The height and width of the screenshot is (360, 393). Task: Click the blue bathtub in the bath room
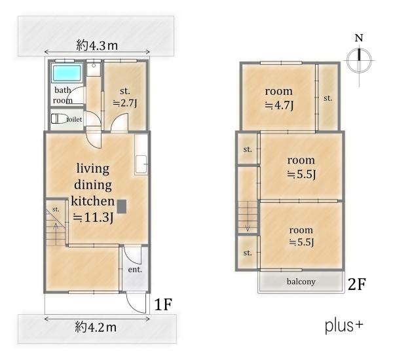[67, 73]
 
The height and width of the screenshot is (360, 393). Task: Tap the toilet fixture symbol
[59, 118]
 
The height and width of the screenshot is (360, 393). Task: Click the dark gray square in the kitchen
[122, 206]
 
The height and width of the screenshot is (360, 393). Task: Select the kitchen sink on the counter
[141, 164]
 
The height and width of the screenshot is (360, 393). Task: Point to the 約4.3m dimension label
[97, 46]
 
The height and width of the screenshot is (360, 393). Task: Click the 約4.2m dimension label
[96, 327]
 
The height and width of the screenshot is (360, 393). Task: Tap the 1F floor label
[162, 304]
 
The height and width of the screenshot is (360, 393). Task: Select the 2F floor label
[357, 284]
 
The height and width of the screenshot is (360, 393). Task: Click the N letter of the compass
[359, 38]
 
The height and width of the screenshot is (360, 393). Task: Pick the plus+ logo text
[344, 326]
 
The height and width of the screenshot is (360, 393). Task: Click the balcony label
[301, 281]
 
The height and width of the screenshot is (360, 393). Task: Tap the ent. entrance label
[135, 270]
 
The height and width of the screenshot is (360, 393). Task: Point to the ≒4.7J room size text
[279, 105]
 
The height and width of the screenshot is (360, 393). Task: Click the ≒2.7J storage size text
[125, 103]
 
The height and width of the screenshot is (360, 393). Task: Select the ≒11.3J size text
[93, 217]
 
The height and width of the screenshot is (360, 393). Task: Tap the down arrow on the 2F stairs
[248, 217]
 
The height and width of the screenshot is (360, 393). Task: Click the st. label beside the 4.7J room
[328, 98]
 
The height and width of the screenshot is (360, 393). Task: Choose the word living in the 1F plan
[93, 169]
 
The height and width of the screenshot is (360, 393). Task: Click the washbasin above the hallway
[94, 67]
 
